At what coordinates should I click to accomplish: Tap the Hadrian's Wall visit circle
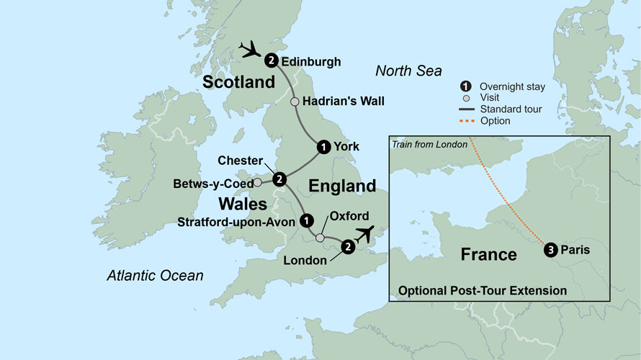[295, 102]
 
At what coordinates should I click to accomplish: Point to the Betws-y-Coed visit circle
[257, 182]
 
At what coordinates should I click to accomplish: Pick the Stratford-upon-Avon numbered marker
[306, 220]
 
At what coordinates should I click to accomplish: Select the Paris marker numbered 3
[551, 251]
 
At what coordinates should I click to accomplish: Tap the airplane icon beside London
[367, 234]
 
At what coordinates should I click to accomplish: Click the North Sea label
[408, 71]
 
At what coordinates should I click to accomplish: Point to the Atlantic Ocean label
[155, 275]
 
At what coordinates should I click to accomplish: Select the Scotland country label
[239, 82]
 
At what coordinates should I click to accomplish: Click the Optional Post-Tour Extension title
[483, 291]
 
